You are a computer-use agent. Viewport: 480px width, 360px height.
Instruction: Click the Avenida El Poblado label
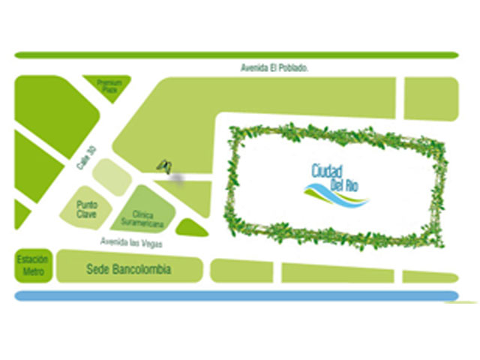pos(274,67)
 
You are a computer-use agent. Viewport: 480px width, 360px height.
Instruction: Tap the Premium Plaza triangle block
pos(109,86)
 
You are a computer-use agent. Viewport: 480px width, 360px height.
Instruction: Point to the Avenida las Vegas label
pos(132,242)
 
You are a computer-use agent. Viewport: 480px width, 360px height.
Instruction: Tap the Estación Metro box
pos(33,265)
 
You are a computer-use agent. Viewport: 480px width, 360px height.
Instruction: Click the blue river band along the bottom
pos(236,295)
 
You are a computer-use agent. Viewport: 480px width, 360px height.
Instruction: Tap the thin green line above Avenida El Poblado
pos(236,55)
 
